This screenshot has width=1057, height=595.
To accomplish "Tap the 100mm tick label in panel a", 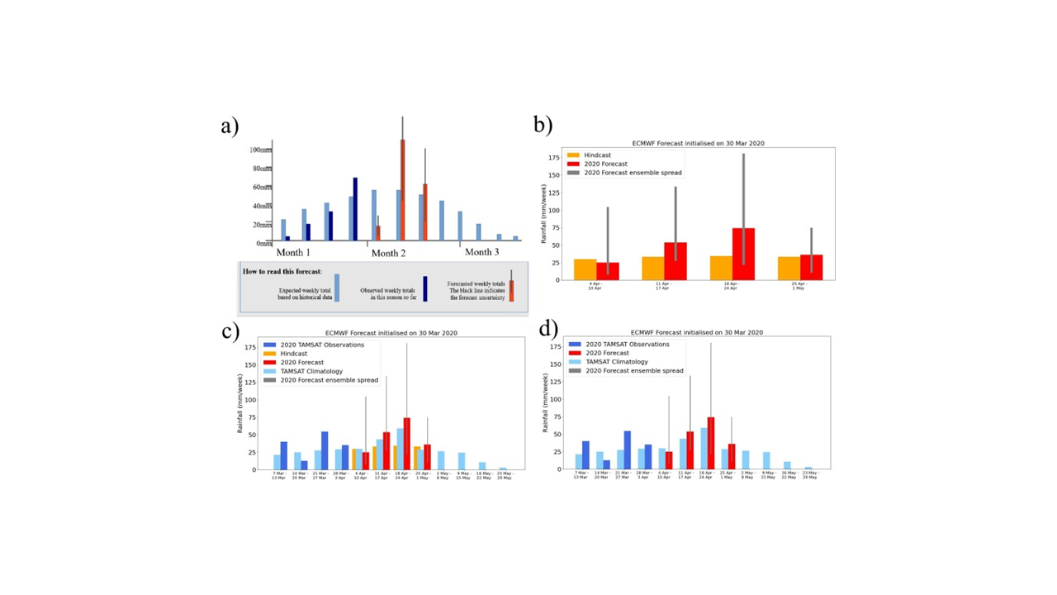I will coord(260,150).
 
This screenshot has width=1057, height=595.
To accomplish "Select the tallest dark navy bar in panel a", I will coord(355,208).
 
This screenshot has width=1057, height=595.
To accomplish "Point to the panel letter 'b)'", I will coord(543,125).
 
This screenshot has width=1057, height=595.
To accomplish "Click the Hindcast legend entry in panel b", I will coord(597,155).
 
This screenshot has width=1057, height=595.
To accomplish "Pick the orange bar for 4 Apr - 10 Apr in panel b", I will coord(585,269).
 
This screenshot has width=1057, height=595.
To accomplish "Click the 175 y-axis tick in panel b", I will coord(554,157).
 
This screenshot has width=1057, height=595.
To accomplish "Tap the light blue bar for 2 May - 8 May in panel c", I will coord(441,460).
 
